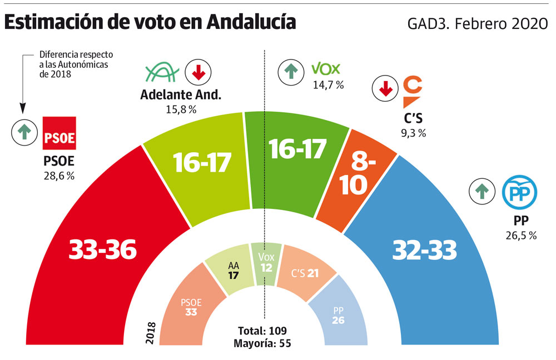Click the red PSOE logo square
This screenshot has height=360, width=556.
tap(59, 133)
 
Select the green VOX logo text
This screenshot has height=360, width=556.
tap(326, 69)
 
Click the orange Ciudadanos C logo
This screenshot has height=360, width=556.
tap(413, 92)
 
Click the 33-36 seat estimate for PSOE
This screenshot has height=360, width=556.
tap(103, 251)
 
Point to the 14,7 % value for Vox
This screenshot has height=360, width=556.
tap(328, 85)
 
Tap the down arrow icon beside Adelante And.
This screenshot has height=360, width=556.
tap(197, 71)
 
